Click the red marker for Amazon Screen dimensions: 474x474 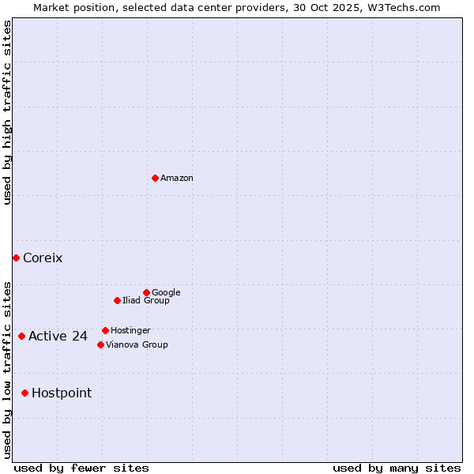155,178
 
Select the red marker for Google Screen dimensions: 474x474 146,292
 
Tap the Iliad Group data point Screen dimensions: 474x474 117,300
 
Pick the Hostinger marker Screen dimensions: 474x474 105,330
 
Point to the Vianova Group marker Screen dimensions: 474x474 100,344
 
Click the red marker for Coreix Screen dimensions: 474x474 16,258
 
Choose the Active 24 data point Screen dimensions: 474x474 21,336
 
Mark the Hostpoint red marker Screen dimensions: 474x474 24,393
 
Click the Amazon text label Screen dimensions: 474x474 177,179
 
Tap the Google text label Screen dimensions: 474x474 166,292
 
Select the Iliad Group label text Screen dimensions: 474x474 146,300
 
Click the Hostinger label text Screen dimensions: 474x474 130,330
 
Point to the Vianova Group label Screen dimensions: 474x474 137,344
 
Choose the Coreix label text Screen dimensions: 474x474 43,258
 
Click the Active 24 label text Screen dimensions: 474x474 58,337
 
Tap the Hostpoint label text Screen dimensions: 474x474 62,393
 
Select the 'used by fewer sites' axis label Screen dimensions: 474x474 81,468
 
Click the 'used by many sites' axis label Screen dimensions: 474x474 397,468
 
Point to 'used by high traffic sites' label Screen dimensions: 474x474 7,112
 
